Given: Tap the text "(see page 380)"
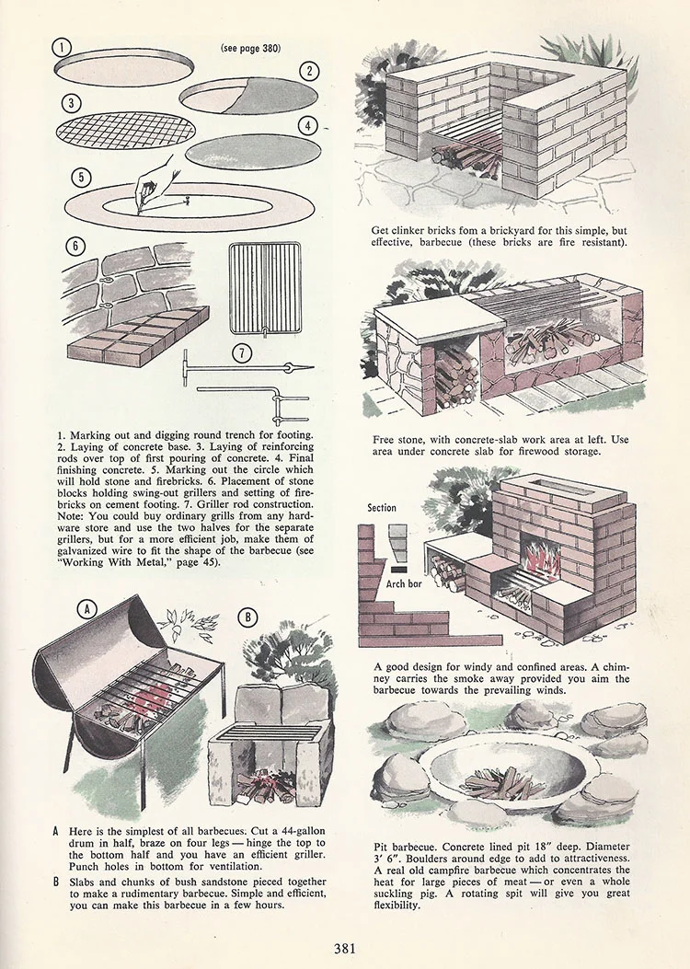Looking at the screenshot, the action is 250,47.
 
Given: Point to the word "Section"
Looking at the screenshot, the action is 382,507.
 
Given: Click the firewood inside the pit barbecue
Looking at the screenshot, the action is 497,784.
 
